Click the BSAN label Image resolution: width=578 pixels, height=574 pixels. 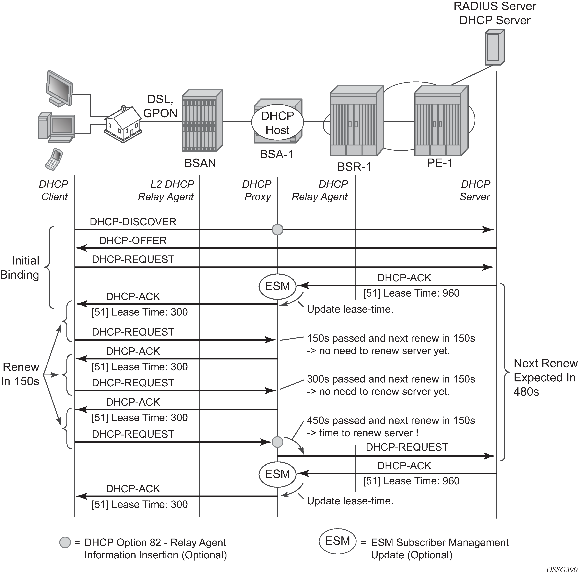(x=200, y=163)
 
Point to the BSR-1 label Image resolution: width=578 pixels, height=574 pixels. (x=354, y=167)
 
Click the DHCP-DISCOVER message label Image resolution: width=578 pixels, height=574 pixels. (x=133, y=222)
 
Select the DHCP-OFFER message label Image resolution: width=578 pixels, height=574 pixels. (x=133, y=240)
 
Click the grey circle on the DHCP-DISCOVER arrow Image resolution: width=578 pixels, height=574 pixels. (x=277, y=229)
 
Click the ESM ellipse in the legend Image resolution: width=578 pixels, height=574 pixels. (x=337, y=541)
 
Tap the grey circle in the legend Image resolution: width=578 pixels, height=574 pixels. (x=65, y=542)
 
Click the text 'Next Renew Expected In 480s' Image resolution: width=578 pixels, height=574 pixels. (x=545, y=378)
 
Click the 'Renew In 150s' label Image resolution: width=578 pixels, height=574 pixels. (x=20, y=374)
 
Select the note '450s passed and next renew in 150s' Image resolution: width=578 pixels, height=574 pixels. (x=391, y=421)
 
